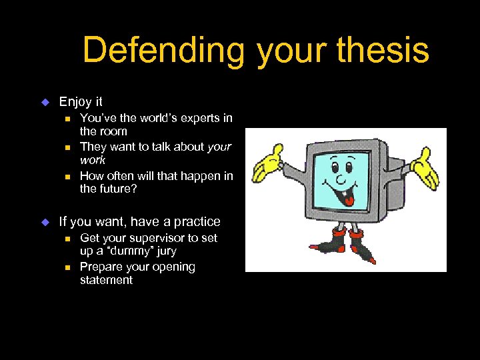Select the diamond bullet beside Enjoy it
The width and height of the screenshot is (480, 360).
(45, 102)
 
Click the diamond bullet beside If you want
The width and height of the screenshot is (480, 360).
(45, 222)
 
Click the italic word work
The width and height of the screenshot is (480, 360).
(93, 161)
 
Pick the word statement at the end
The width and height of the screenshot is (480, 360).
(106, 280)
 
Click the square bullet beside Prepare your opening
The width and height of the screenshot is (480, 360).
(67, 267)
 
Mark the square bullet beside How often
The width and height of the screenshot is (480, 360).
(67, 176)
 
